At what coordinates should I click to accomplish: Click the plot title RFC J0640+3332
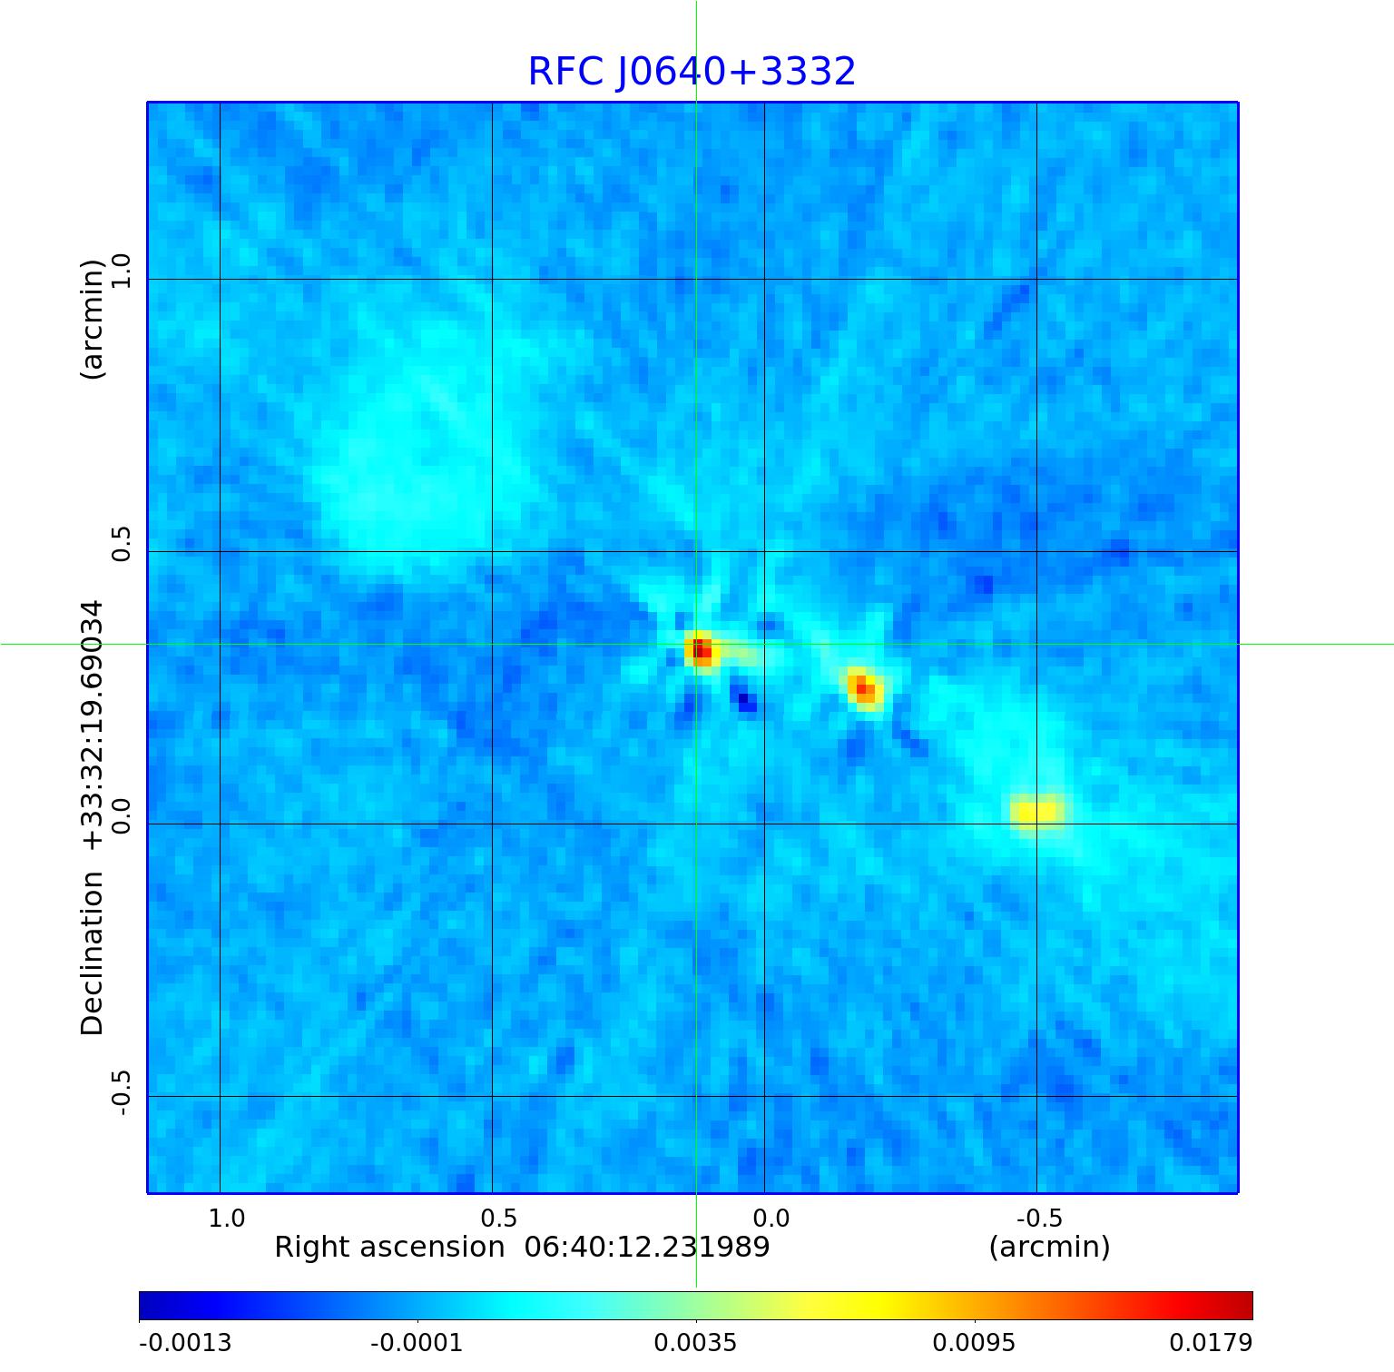692,72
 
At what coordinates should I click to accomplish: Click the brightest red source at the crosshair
701,650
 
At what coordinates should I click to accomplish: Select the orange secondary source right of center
864,688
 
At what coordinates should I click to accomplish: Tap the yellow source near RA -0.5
1036,811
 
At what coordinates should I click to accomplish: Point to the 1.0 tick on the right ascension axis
227,1218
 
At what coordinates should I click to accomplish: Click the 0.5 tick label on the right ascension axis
498,1218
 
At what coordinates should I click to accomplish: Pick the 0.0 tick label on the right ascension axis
771,1218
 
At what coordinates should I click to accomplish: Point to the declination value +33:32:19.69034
93,725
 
